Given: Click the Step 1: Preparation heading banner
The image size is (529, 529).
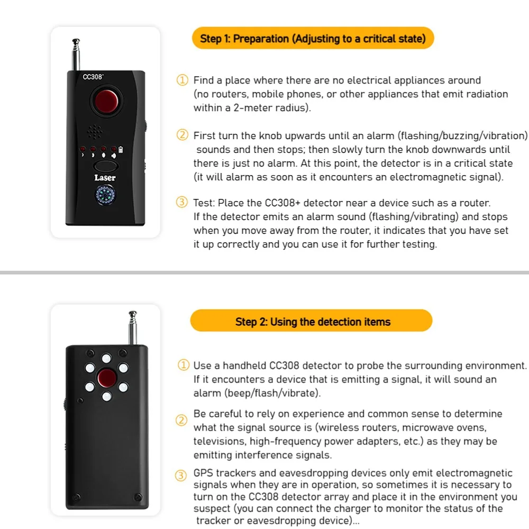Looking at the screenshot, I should click(x=313, y=39).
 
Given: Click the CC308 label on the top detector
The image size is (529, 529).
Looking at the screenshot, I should click(x=93, y=77).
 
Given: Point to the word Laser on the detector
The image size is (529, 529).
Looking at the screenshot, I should click(x=105, y=178).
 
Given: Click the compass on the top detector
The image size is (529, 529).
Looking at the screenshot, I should click(x=105, y=196).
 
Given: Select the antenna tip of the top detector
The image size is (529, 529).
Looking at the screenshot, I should click(x=76, y=41).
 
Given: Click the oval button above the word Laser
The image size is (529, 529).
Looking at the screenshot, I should click(x=105, y=166).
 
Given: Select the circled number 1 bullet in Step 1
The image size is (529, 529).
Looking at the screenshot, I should click(x=182, y=80).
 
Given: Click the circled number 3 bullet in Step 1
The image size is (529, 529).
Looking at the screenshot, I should click(x=182, y=203).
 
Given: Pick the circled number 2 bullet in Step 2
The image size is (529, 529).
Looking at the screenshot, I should click(x=181, y=421).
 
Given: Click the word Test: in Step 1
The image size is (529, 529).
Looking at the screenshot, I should click(x=205, y=203).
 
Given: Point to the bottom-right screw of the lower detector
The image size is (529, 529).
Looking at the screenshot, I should click(x=138, y=496).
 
